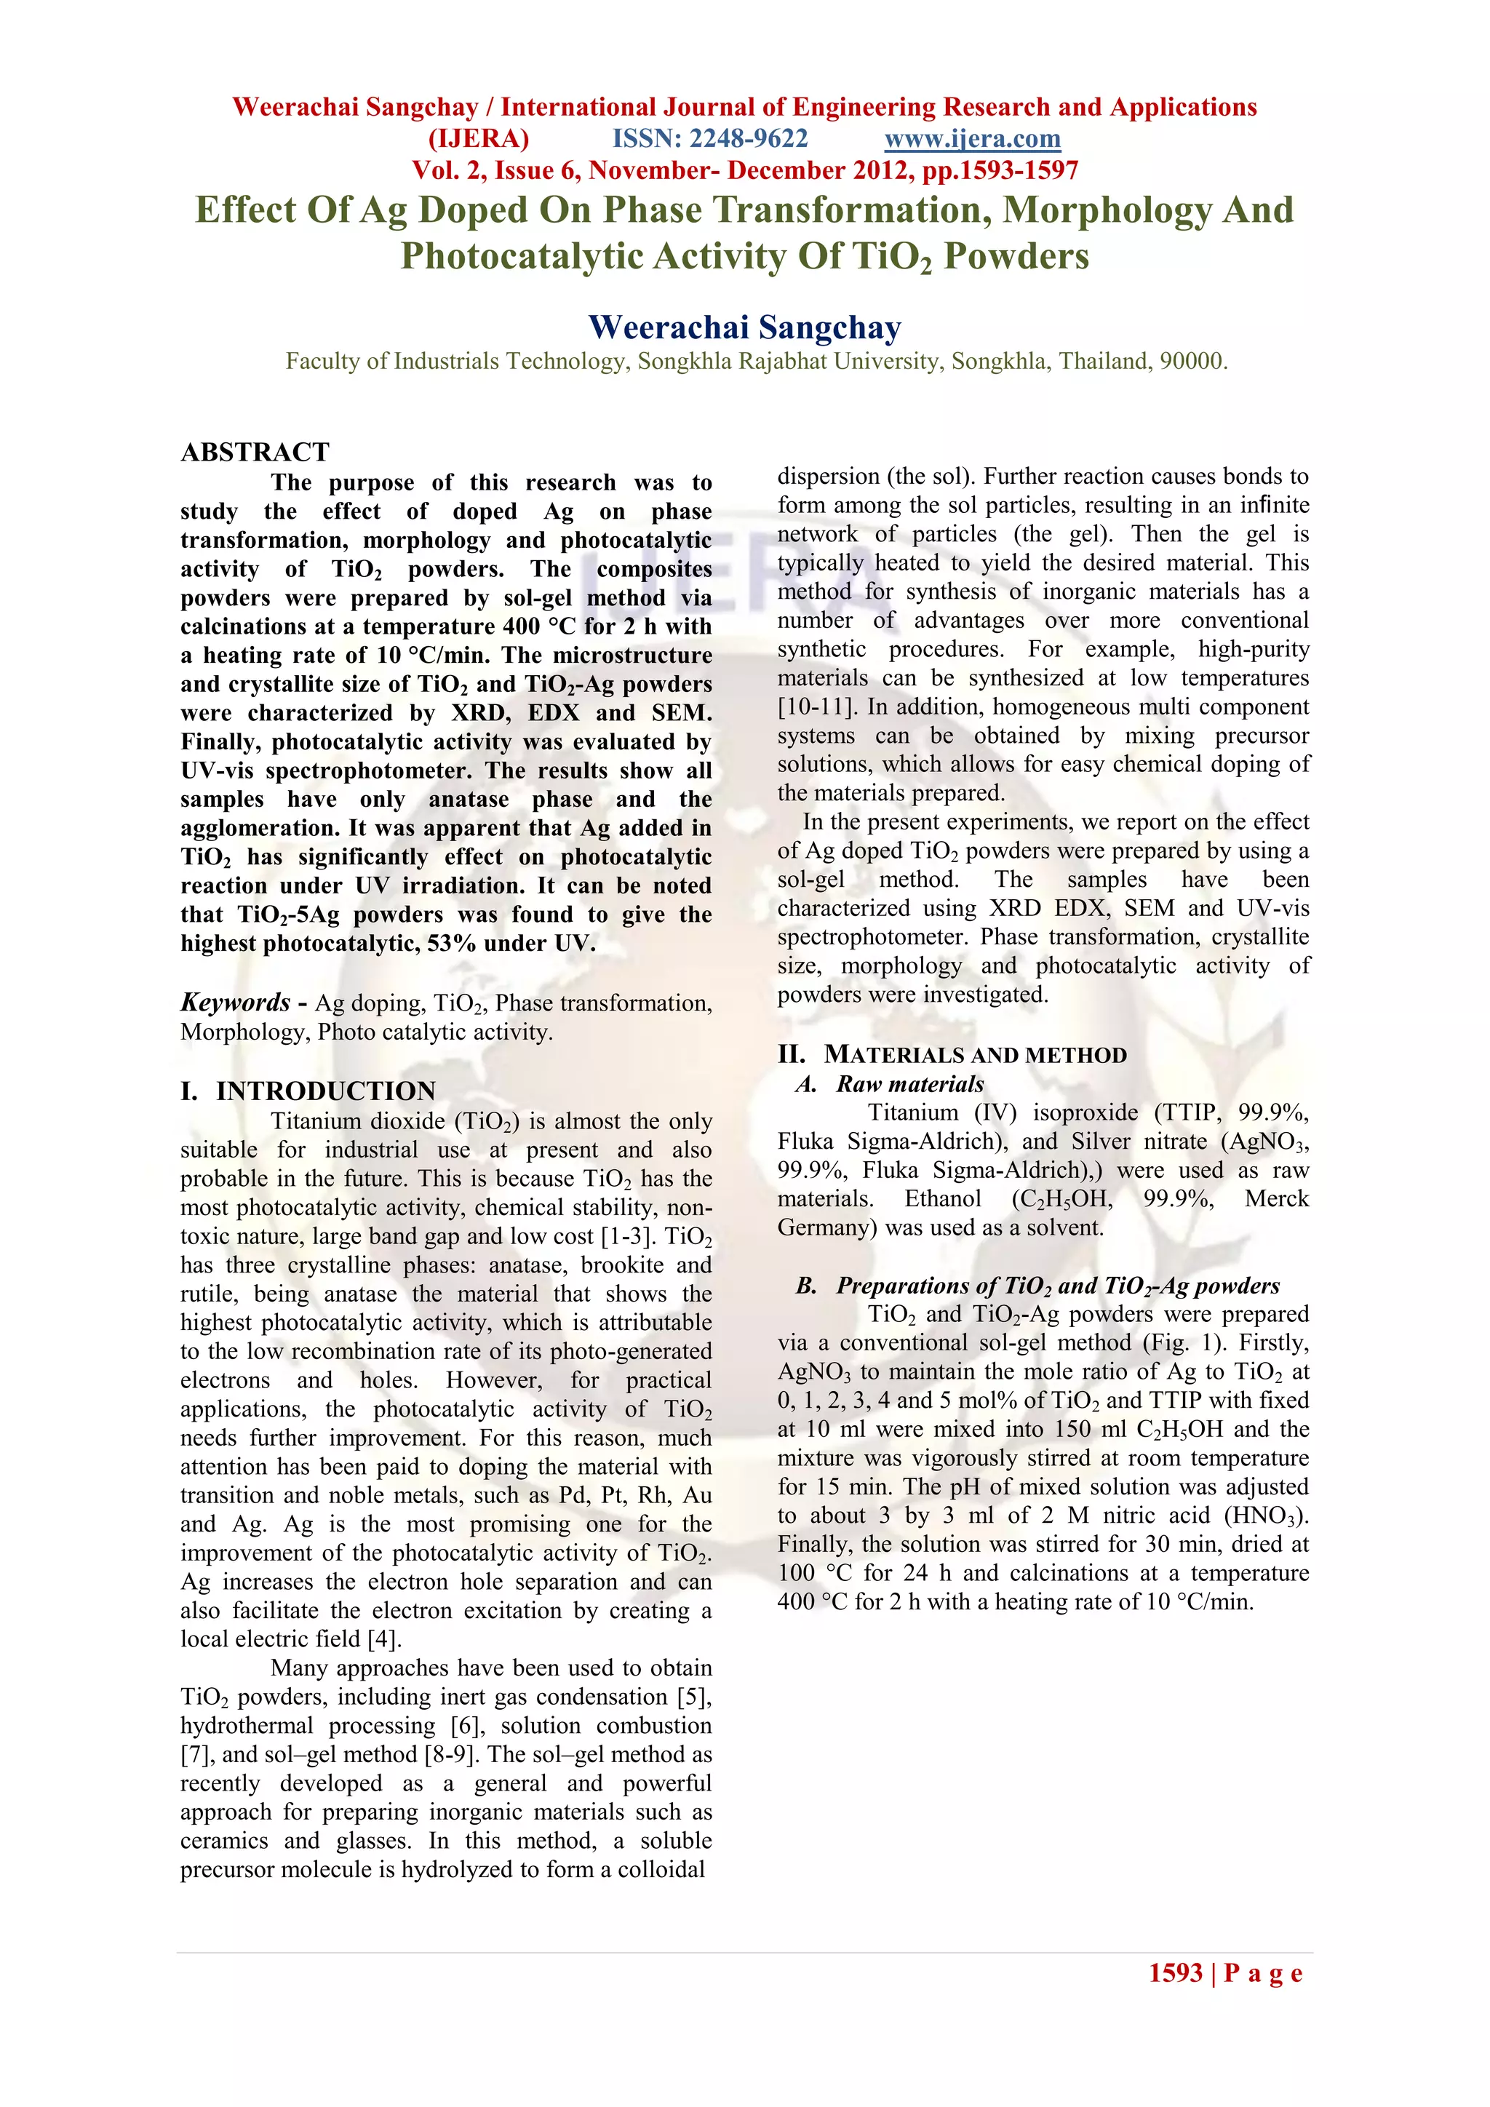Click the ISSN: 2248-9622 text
point(710,140)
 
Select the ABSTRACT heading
point(255,453)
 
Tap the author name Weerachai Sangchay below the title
point(744,327)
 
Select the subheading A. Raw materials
point(890,1084)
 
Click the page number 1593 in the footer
point(1175,1973)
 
